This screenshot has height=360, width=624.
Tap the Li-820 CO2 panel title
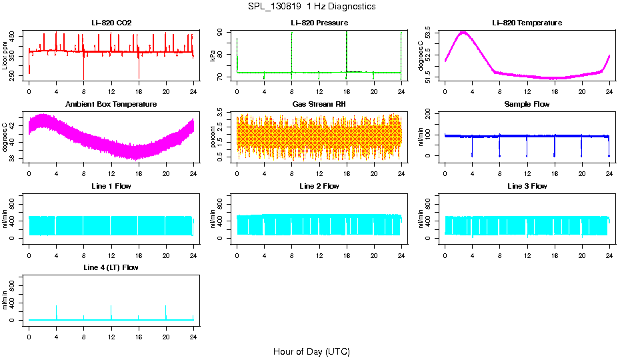point(111,23)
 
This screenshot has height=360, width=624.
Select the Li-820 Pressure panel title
point(319,23)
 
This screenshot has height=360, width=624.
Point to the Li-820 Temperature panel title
point(527,23)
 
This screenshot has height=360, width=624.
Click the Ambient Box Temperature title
point(111,105)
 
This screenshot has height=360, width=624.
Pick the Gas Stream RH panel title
point(319,105)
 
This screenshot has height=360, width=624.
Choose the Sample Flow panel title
point(527,105)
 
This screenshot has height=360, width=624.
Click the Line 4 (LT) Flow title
point(111,267)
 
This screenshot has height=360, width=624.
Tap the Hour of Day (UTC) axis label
point(311,351)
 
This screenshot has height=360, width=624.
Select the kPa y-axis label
point(213,57)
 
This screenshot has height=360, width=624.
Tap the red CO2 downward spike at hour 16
point(139,70)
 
